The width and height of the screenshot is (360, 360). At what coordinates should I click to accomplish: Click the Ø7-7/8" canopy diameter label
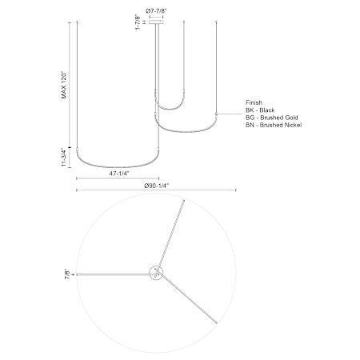[156, 11]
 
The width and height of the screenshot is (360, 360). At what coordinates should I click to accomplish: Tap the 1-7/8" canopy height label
[138, 22]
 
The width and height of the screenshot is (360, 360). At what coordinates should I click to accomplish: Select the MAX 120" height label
[64, 85]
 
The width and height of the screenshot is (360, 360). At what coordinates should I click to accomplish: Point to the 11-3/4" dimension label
[64, 158]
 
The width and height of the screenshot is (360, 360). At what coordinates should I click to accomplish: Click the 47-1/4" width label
[119, 174]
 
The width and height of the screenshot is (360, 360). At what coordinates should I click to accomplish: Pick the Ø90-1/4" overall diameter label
[157, 186]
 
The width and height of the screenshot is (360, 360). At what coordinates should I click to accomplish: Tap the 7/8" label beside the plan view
[68, 274]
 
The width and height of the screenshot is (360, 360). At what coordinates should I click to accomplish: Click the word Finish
[254, 102]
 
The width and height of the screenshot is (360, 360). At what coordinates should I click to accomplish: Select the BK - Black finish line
[260, 110]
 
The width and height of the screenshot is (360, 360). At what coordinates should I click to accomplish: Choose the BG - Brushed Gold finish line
[272, 118]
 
